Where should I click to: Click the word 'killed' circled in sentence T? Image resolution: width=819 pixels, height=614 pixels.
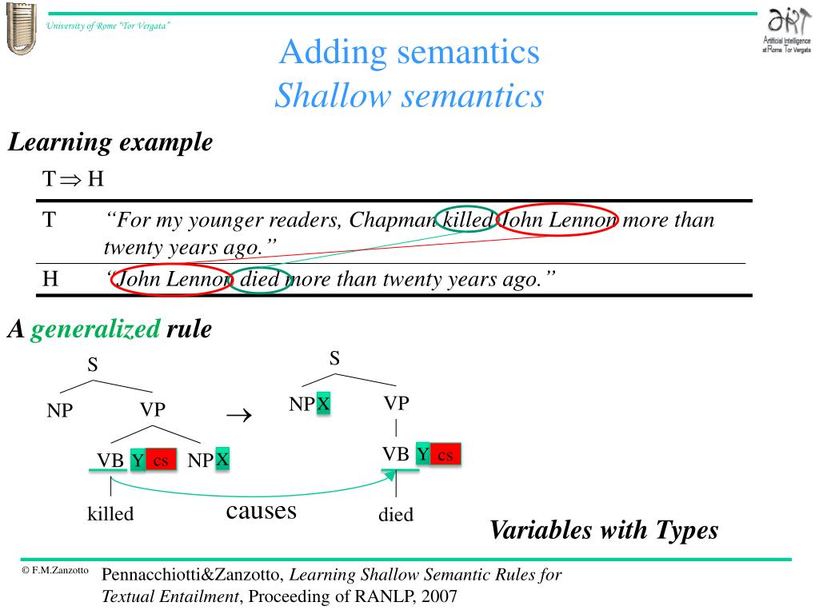[468, 219]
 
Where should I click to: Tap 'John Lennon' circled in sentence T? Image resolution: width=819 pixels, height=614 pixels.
[557, 219]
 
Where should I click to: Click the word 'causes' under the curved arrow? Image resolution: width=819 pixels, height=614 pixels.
[261, 510]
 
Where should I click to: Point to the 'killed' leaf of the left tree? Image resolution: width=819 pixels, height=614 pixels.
[110, 513]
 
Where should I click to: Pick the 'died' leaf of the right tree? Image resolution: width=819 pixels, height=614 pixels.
[396, 515]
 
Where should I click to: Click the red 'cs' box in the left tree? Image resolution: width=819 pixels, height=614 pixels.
[161, 460]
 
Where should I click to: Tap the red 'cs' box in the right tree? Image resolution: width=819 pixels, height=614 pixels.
[445, 455]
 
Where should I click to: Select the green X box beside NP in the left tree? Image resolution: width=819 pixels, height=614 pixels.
[222, 459]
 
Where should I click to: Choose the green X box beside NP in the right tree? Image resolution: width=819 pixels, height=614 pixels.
[323, 404]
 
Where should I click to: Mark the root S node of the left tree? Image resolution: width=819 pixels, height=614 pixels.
[93, 365]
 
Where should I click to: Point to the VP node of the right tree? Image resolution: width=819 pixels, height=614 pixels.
[396, 403]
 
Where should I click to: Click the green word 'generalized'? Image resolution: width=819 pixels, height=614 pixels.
[96, 329]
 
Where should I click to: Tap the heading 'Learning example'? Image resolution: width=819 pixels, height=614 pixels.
[110, 143]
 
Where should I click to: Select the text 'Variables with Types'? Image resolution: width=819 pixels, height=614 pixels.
[604, 529]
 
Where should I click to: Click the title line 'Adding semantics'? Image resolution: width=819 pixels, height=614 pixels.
[409, 53]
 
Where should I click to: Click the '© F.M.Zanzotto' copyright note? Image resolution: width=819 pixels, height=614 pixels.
[55, 572]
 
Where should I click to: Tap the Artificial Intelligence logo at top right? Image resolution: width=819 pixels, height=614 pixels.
[787, 30]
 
